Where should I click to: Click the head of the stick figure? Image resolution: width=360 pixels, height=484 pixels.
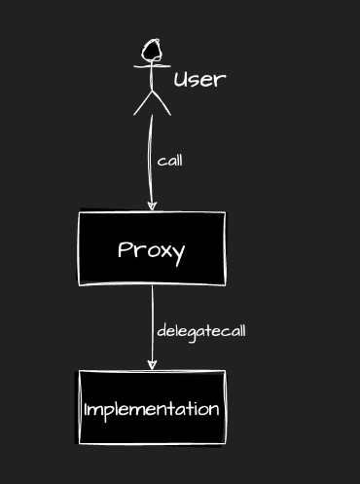151,50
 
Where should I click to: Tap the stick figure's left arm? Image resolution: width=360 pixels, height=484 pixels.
140,65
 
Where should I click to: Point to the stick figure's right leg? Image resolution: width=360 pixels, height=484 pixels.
162,104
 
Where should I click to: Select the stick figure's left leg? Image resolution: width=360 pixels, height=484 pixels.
142,104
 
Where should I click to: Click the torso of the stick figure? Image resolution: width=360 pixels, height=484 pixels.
151,78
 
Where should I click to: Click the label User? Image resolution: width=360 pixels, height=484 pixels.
199,79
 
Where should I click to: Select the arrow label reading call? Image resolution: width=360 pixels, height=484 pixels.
169,161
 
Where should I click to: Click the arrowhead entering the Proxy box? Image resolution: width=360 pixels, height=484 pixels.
152,205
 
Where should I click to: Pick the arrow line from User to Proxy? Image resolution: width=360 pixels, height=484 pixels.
151,156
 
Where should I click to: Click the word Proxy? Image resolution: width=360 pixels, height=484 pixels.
151,250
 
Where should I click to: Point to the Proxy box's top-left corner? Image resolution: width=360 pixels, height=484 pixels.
79,212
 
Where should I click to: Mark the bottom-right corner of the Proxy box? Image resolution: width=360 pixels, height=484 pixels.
225,284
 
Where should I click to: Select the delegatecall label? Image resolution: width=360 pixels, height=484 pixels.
200,330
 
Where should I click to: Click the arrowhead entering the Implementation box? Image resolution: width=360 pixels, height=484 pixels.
152,364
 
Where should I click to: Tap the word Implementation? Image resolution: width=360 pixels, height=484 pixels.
151,409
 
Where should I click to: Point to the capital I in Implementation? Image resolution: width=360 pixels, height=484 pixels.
87,408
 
